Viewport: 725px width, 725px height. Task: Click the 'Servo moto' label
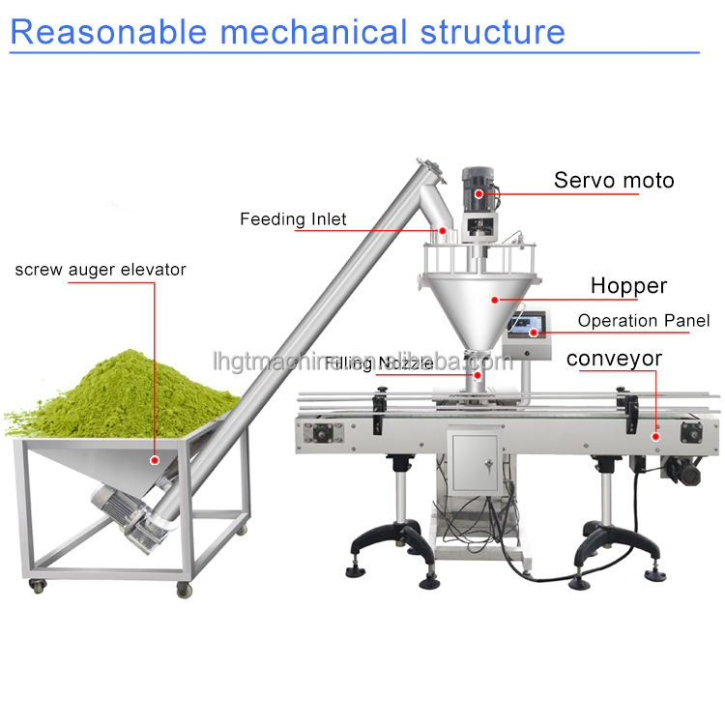(613, 180)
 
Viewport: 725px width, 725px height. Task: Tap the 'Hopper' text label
(628, 285)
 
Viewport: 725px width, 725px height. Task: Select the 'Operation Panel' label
(643, 321)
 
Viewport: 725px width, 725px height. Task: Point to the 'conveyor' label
(614, 359)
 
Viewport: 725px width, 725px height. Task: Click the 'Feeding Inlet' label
(293, 219)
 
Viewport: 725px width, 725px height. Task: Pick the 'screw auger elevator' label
(100, 269)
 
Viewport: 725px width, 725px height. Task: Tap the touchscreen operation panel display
(527, 321)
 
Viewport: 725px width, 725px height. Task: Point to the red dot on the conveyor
(656, 436)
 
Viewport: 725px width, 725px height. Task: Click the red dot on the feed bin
(151, 462)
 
